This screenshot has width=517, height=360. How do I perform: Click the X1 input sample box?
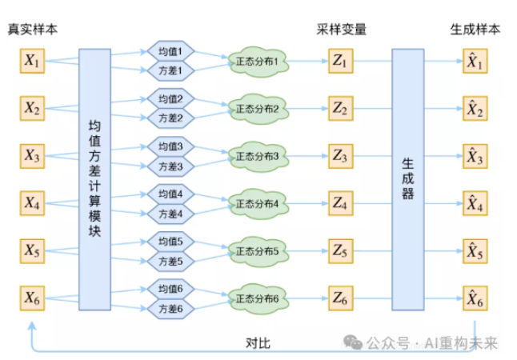tap(33, 61)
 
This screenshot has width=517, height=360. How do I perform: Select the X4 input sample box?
tap(33, 204)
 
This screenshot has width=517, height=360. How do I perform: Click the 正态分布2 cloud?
tap(257, 109)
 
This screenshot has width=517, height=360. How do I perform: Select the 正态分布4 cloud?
tap(257, 203)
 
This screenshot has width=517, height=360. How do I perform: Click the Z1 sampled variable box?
tap(341, 61)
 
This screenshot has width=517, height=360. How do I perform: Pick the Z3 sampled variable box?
tap(341, 156)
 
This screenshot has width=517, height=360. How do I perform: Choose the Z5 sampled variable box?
tap(341, 251)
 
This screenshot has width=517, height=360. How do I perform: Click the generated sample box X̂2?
tap(475, 109)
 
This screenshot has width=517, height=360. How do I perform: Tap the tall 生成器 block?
tap(407, 179)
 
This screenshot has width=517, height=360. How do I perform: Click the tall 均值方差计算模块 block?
tap(94, 179)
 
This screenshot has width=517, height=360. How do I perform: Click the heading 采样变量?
tap(341, 30)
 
